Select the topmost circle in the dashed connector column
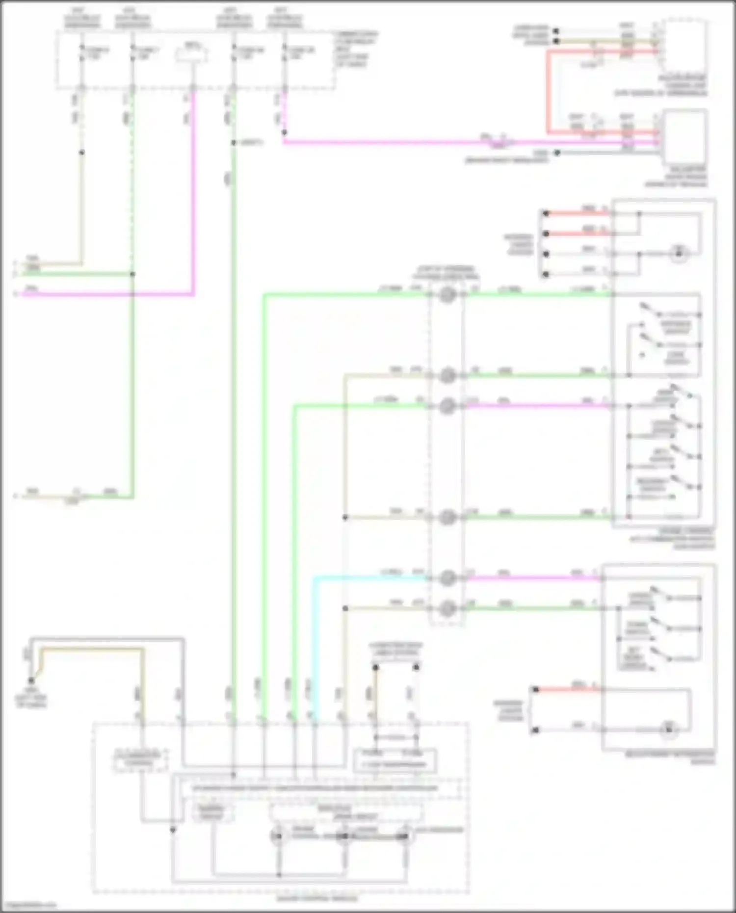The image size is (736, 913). point(447,295)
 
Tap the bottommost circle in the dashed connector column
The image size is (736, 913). point(447,609)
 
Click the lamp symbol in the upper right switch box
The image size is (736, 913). point(680,254)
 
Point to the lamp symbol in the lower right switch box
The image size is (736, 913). point(668,730)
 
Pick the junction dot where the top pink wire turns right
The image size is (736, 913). point(284,132)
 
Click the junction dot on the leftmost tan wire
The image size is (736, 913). point(81,153)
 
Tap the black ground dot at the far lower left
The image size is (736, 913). point(31,680)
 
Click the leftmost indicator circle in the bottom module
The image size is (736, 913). point(278,835)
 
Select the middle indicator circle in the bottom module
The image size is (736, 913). point(343,835)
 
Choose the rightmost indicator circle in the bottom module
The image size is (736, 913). point(405,835)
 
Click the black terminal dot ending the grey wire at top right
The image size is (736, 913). point(557,153)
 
